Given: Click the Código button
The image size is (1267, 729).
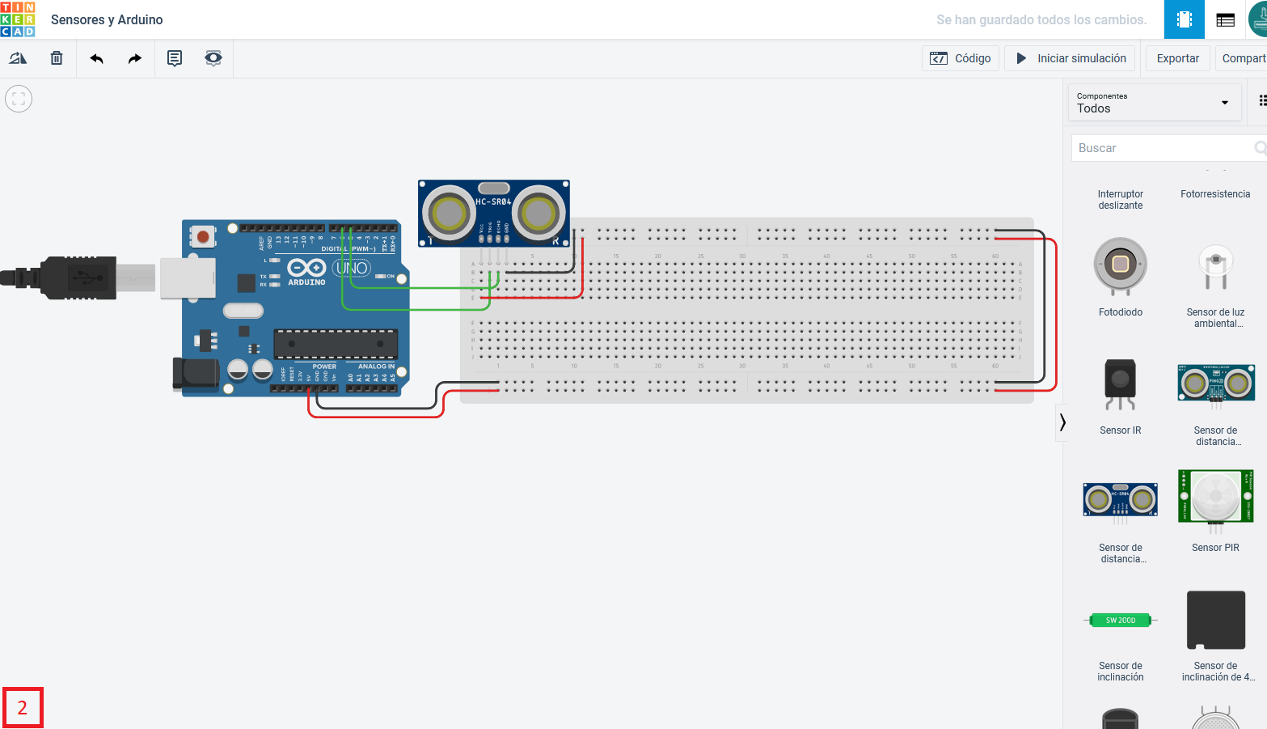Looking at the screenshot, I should click(x=961, y=58).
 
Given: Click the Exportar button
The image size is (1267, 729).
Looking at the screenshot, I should click(x=1177, y=58).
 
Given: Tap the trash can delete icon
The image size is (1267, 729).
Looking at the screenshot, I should click(x=57, y=58).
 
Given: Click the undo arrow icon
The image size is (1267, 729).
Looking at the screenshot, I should click(x=97, y=58).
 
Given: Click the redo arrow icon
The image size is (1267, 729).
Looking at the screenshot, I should click(x=135, y=58).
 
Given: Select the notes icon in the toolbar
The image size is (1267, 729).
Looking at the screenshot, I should click(x=175, y=58).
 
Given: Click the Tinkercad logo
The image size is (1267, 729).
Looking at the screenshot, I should click(x=18, y=19).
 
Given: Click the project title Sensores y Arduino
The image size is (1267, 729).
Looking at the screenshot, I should click(x=107, y=19).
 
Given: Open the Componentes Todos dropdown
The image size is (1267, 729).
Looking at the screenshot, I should click(x=1154, y=103).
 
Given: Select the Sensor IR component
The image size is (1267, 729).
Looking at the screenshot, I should click(x=1120, y=384).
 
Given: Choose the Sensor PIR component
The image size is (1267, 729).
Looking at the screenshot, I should click(x=1215, y=497).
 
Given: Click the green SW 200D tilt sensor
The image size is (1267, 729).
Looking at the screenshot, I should click(x=1120, y=621).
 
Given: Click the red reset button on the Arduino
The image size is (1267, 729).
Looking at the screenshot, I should click(x=203, y=237).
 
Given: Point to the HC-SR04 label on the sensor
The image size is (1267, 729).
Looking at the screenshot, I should click(x=493, y=201).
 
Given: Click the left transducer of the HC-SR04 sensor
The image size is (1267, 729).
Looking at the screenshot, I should click(x=449, y=214).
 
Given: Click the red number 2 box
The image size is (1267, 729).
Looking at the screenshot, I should click(x=23, y=708).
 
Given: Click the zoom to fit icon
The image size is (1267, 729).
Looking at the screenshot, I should click(x=19, y=99).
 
